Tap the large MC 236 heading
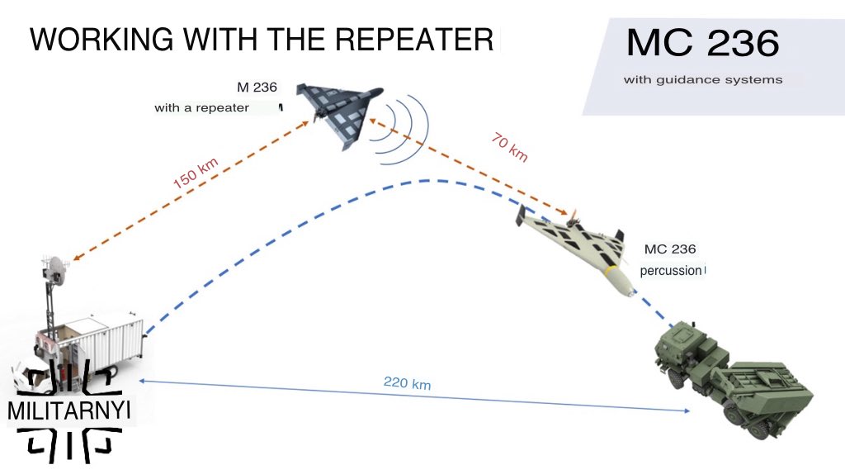[702, 44]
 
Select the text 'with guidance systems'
[703, 80]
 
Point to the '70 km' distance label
[509, 146]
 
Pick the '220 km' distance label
[407, 383]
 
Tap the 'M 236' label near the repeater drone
[257, 88]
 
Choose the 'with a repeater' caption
[201, 108]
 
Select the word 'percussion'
[670, 270]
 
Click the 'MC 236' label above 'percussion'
[670, 249]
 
